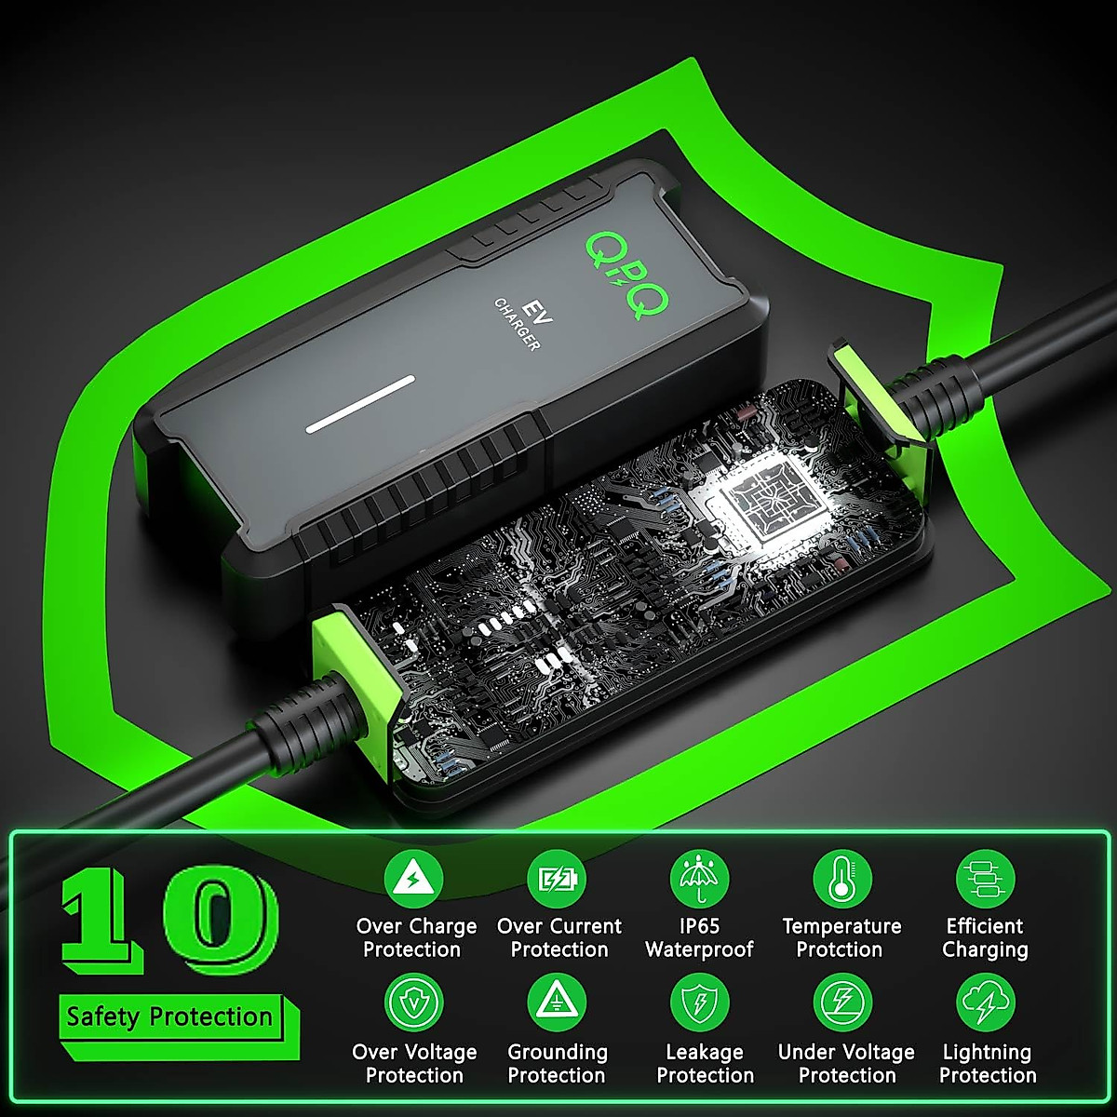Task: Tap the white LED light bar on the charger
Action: click(x=361, y=405)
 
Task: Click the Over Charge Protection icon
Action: click(x=413, y=879)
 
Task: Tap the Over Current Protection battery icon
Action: click(x=557, y=879)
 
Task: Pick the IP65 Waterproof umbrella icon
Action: click(x=700, y=879)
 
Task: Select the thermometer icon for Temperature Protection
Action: click(x=842, y=879)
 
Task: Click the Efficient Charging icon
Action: click(x=986, y=879)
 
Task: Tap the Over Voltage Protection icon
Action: click(x=413, y=1003)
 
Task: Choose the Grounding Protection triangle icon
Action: click(x=557, y=1003)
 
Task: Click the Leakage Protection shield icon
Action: click(x=700, y=1003)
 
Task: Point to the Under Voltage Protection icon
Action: click(x=842, y=1003)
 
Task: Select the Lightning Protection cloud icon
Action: click(x=986, y=1003)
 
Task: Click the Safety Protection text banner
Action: click(x=169, y=1016)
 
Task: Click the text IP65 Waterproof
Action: click(x=699, y=937)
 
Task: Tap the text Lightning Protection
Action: click(x=987, y=1063)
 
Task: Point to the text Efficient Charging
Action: click(x=985, y=937)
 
